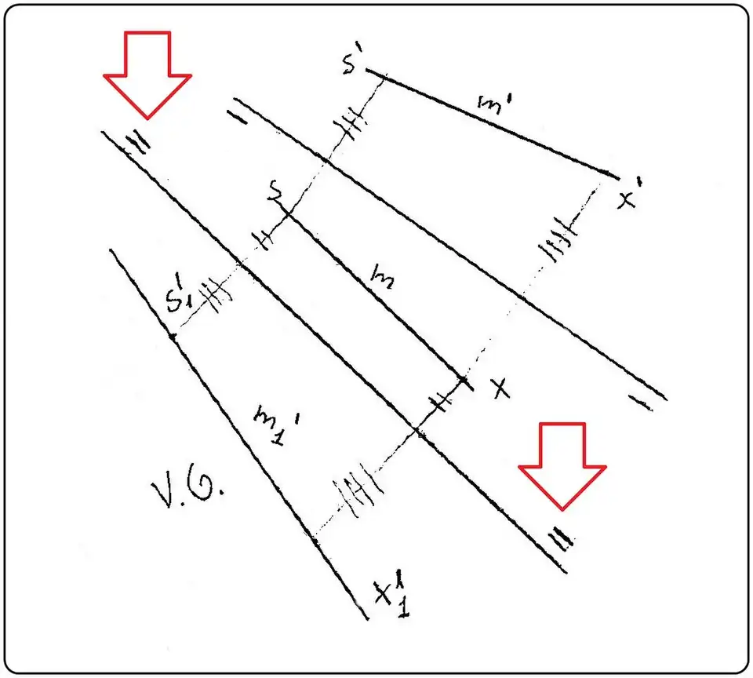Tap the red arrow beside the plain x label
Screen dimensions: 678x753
(563, 464)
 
